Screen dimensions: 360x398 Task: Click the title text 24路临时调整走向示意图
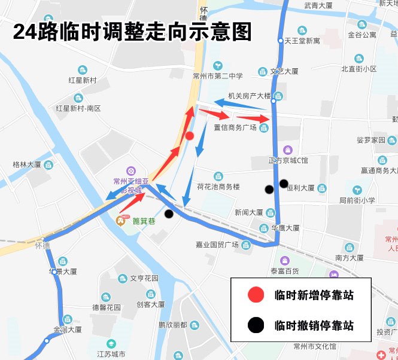[132, 31]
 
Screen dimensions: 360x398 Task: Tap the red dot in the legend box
[256, 295]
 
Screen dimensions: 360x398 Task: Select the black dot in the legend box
[256, 325]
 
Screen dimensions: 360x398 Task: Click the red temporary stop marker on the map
[189, 136]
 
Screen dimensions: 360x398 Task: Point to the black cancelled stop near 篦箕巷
[169, 213]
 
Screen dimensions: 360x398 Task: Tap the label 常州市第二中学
[218, 76]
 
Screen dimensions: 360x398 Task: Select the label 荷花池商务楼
[218, 187]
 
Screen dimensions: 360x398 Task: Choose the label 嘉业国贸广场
[217, 244]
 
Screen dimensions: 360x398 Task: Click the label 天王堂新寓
[302, 41]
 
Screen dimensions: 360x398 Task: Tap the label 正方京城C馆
[288, 160]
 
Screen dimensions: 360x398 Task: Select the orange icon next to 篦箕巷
[120, 221]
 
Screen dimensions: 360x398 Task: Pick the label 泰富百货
[284, 271]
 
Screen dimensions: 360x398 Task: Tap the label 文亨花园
[144, 278]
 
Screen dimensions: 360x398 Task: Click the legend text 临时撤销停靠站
[314, 326]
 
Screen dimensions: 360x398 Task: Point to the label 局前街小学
[357, 200]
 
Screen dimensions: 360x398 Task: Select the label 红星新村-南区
[78, 108]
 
